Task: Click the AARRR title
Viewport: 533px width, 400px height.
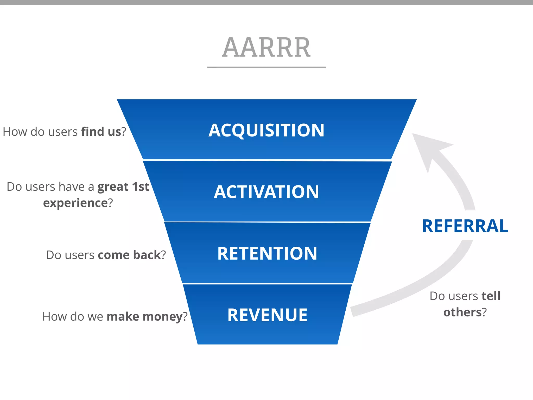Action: [266, 47]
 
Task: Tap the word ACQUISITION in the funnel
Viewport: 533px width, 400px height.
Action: [266, 130]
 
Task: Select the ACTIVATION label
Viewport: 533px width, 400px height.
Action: [266, 192]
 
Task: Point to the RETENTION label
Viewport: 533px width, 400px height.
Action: [267, 254]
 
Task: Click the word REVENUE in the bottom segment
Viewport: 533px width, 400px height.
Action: [267, 315]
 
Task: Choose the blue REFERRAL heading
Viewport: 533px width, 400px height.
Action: [465, 226]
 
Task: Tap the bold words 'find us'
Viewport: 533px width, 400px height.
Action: [101, 132]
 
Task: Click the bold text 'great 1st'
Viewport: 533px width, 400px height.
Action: [123, 187]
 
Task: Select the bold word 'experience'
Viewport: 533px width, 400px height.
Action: [75, 203]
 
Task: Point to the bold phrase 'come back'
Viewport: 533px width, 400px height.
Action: [129, 255]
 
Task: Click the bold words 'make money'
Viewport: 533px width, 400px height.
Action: [144, 317]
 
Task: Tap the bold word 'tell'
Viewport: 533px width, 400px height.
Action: [491, 296]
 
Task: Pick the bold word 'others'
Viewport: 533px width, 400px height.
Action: [462, 312]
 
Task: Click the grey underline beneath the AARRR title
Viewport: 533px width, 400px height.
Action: [266, 67]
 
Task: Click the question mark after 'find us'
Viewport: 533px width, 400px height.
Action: [124, 132]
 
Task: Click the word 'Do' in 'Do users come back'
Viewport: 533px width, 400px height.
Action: [54, 255]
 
